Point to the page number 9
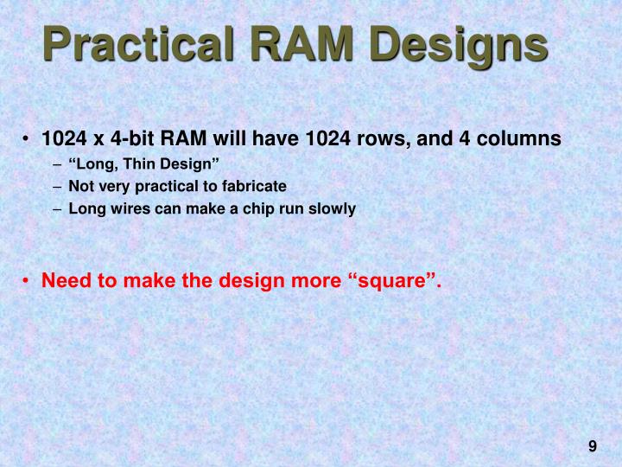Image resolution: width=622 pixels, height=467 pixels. [x=593, y=446]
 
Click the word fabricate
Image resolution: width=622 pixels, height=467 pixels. [x=251, y=186]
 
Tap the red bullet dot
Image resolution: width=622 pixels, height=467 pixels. [x=29, y=281]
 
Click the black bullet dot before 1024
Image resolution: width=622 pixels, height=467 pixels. [x=29, y=140]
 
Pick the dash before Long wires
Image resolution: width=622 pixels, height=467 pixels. [x=56, y=208]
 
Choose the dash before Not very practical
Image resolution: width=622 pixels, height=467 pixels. [x=56, y=186]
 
